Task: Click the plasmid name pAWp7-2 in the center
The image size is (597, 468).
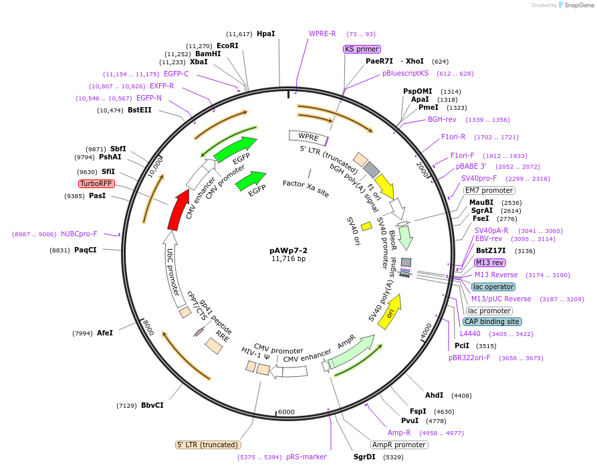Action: pyautogui.click(x=288, y=250)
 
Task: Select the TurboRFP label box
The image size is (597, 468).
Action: pyautogui.click(x=96, y=183)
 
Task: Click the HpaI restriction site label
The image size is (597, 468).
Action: pyautogui.click(x=266, y=33)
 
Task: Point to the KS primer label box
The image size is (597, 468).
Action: pyautogui.click(x=362, y=49)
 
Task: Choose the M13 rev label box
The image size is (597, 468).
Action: pyautogui.click(x=490, y=262)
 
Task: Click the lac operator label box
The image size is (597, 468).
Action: pyautogui.click(x=493, y=287)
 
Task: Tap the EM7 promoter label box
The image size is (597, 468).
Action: pyautogui.click(x=489, y=190)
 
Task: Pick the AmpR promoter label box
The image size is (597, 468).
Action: pyautogui.click(x=398, y=444)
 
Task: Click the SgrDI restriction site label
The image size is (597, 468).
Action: pyautogui.click(x=366, y=457)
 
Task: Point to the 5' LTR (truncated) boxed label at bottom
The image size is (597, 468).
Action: pyautogui.click(x=208, y=445)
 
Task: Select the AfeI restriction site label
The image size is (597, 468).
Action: pyautogui.click(x=105, y=333)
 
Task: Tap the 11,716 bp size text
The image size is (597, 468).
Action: pyautogui.click(x=288, y=259)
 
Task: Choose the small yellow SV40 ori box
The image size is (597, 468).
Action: pyautogui.click(x=366, y=226)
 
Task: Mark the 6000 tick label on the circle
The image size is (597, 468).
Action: pyautogui.click(x=286, y=412)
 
